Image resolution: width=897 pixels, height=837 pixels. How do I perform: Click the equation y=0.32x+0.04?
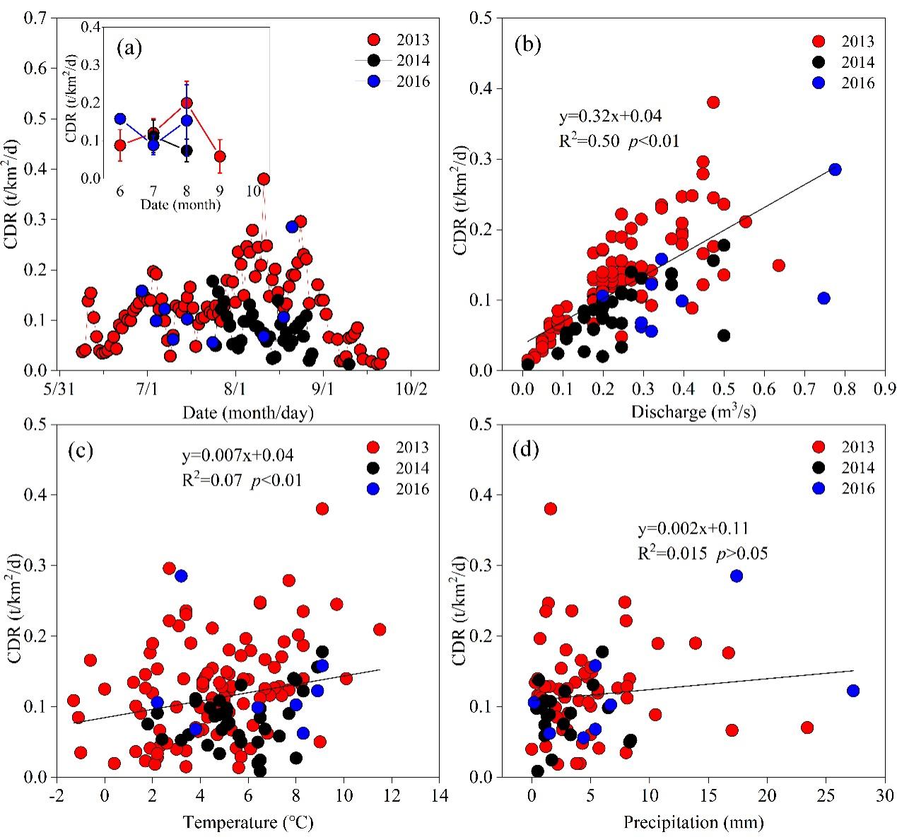(x=610, y=115)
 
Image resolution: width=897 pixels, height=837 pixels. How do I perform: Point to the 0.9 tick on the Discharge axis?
(x=886, y=390)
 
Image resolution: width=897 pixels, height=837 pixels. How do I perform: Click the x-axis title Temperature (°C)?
(x=248, y=822)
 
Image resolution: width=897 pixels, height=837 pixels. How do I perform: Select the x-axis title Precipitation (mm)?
(x=693, y=822)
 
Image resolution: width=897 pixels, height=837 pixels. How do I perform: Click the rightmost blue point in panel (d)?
(x=852, y=690)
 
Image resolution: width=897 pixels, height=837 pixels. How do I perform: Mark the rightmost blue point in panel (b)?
(x=835, y=170)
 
